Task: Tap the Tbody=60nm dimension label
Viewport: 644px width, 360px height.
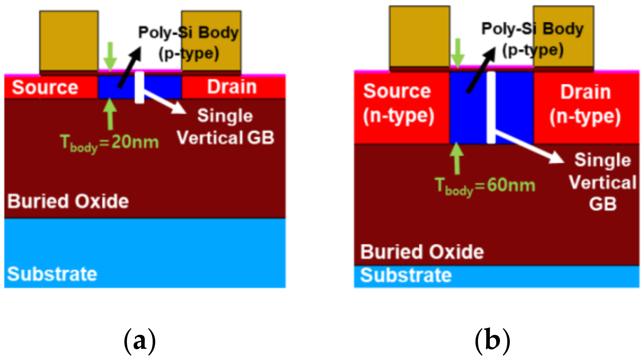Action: click(485, 186)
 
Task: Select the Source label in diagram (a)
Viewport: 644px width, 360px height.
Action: click(45, 87)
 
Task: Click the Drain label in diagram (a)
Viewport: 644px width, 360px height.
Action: click(232, 87)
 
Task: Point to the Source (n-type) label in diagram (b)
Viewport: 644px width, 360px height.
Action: click(398, 103)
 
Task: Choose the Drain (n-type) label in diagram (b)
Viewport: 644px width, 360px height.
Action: click(585, 104)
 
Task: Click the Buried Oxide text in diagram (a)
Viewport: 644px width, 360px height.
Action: click(68, 201)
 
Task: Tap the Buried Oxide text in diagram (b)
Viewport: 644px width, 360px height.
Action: click(422, 252)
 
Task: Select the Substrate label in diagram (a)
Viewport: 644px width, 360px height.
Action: click(52, 274)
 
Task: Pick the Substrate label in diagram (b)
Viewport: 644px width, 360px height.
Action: click(406, 275)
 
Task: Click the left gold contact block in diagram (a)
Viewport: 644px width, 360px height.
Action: click(69, 41)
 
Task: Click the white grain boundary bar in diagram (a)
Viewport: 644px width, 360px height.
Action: click(139, 88)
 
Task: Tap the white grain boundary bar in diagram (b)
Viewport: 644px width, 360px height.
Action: click(491, 107)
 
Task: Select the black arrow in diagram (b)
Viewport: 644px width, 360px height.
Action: click(481, 70)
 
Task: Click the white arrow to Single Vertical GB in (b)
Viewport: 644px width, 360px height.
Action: click(529, 147)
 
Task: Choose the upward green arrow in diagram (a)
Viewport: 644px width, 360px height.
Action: click(110, 114)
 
